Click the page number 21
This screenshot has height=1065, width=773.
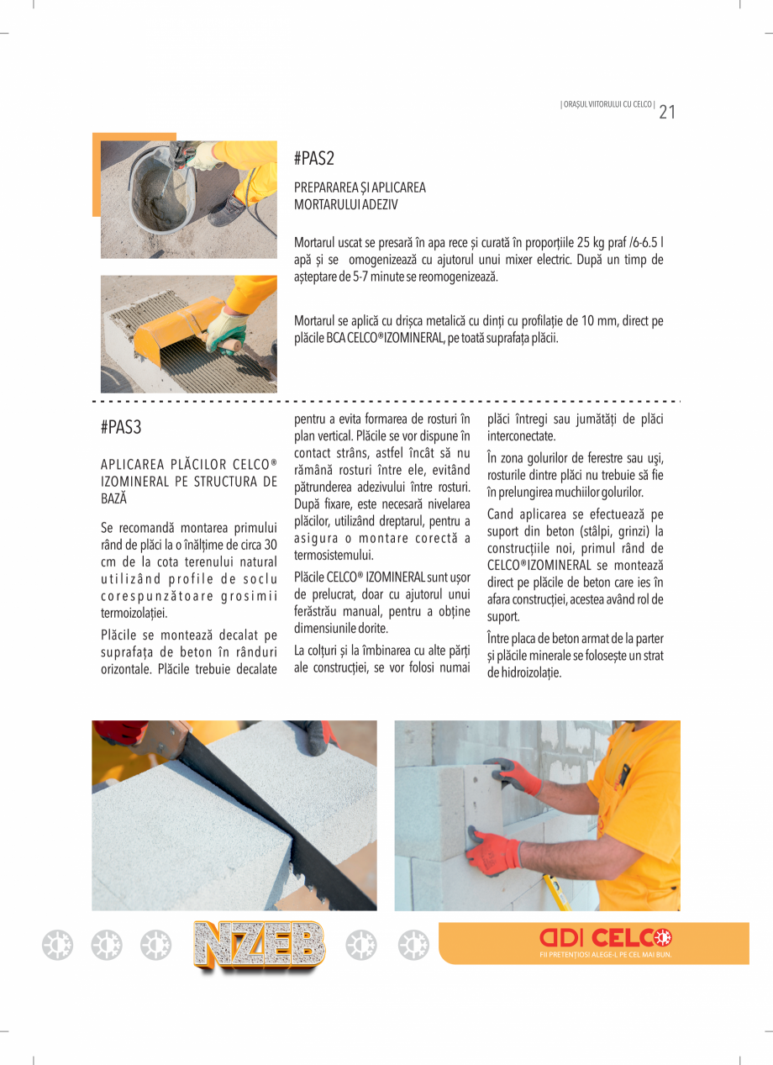(667, 112)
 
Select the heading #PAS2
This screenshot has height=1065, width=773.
(314, 159)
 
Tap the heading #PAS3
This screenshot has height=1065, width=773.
(121, 427)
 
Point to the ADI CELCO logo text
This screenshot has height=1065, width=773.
(605, 937)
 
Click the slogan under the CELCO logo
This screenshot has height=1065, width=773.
(605, 955)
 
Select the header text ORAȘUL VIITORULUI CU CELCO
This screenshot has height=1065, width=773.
(607, 104)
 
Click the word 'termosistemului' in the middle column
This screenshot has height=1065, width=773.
(333, 556)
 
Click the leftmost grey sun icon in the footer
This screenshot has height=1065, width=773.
(58, 946)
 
